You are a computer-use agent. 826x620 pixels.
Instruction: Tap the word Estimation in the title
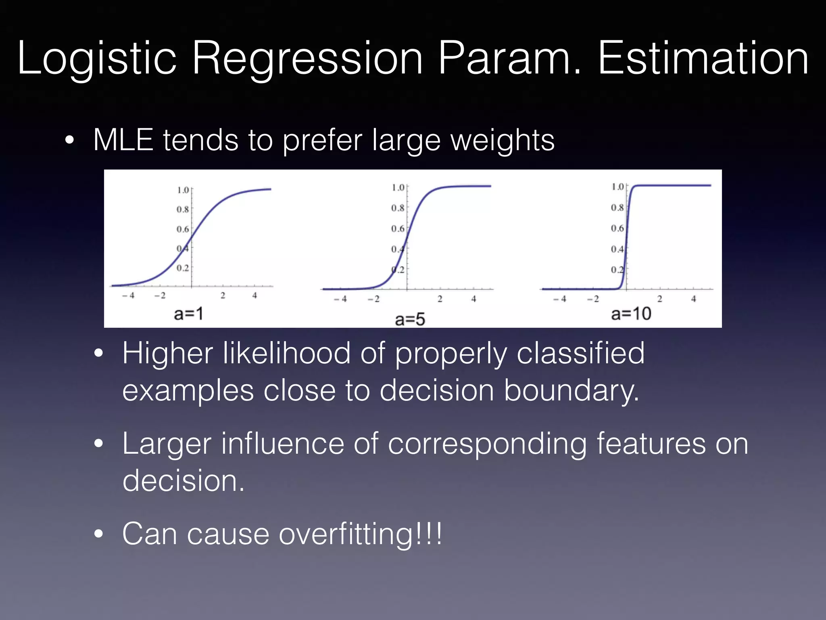pyautogui.click(x=703, y=59)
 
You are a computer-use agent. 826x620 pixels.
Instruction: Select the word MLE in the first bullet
pyautogui.click(x=123, y=140)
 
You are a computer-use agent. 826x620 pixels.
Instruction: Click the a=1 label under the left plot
pyautogui.click(x=188, y=314)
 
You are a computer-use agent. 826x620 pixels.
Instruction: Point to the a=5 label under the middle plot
pyautogui.click(x=410, y=319)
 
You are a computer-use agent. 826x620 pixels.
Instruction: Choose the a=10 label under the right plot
pyautogui.click(x=631, y=314)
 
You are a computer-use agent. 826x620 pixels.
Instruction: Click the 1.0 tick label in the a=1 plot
pyautogui.click(x=183, y=190)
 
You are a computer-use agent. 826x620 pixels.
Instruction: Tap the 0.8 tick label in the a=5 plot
pyautogui.click(x=397, y=208)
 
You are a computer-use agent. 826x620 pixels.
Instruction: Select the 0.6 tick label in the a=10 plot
pyautogui.click(x=617, y=228)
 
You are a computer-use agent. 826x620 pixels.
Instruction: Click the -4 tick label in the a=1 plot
pyautogui.click(x=128, y=295)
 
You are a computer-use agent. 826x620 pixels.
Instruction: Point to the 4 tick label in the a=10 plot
pyautogui.click(x=693, y=299)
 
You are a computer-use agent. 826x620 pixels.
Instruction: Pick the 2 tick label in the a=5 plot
pyautogui.click(x=440, y=299)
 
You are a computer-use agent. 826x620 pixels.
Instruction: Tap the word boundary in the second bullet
pyautogui.click(x=571, y=391)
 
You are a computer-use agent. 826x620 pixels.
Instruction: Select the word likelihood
pyautogui.click(x=286, y=353)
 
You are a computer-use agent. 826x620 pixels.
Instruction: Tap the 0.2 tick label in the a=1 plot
pyautogui.click(x=182, y=268)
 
